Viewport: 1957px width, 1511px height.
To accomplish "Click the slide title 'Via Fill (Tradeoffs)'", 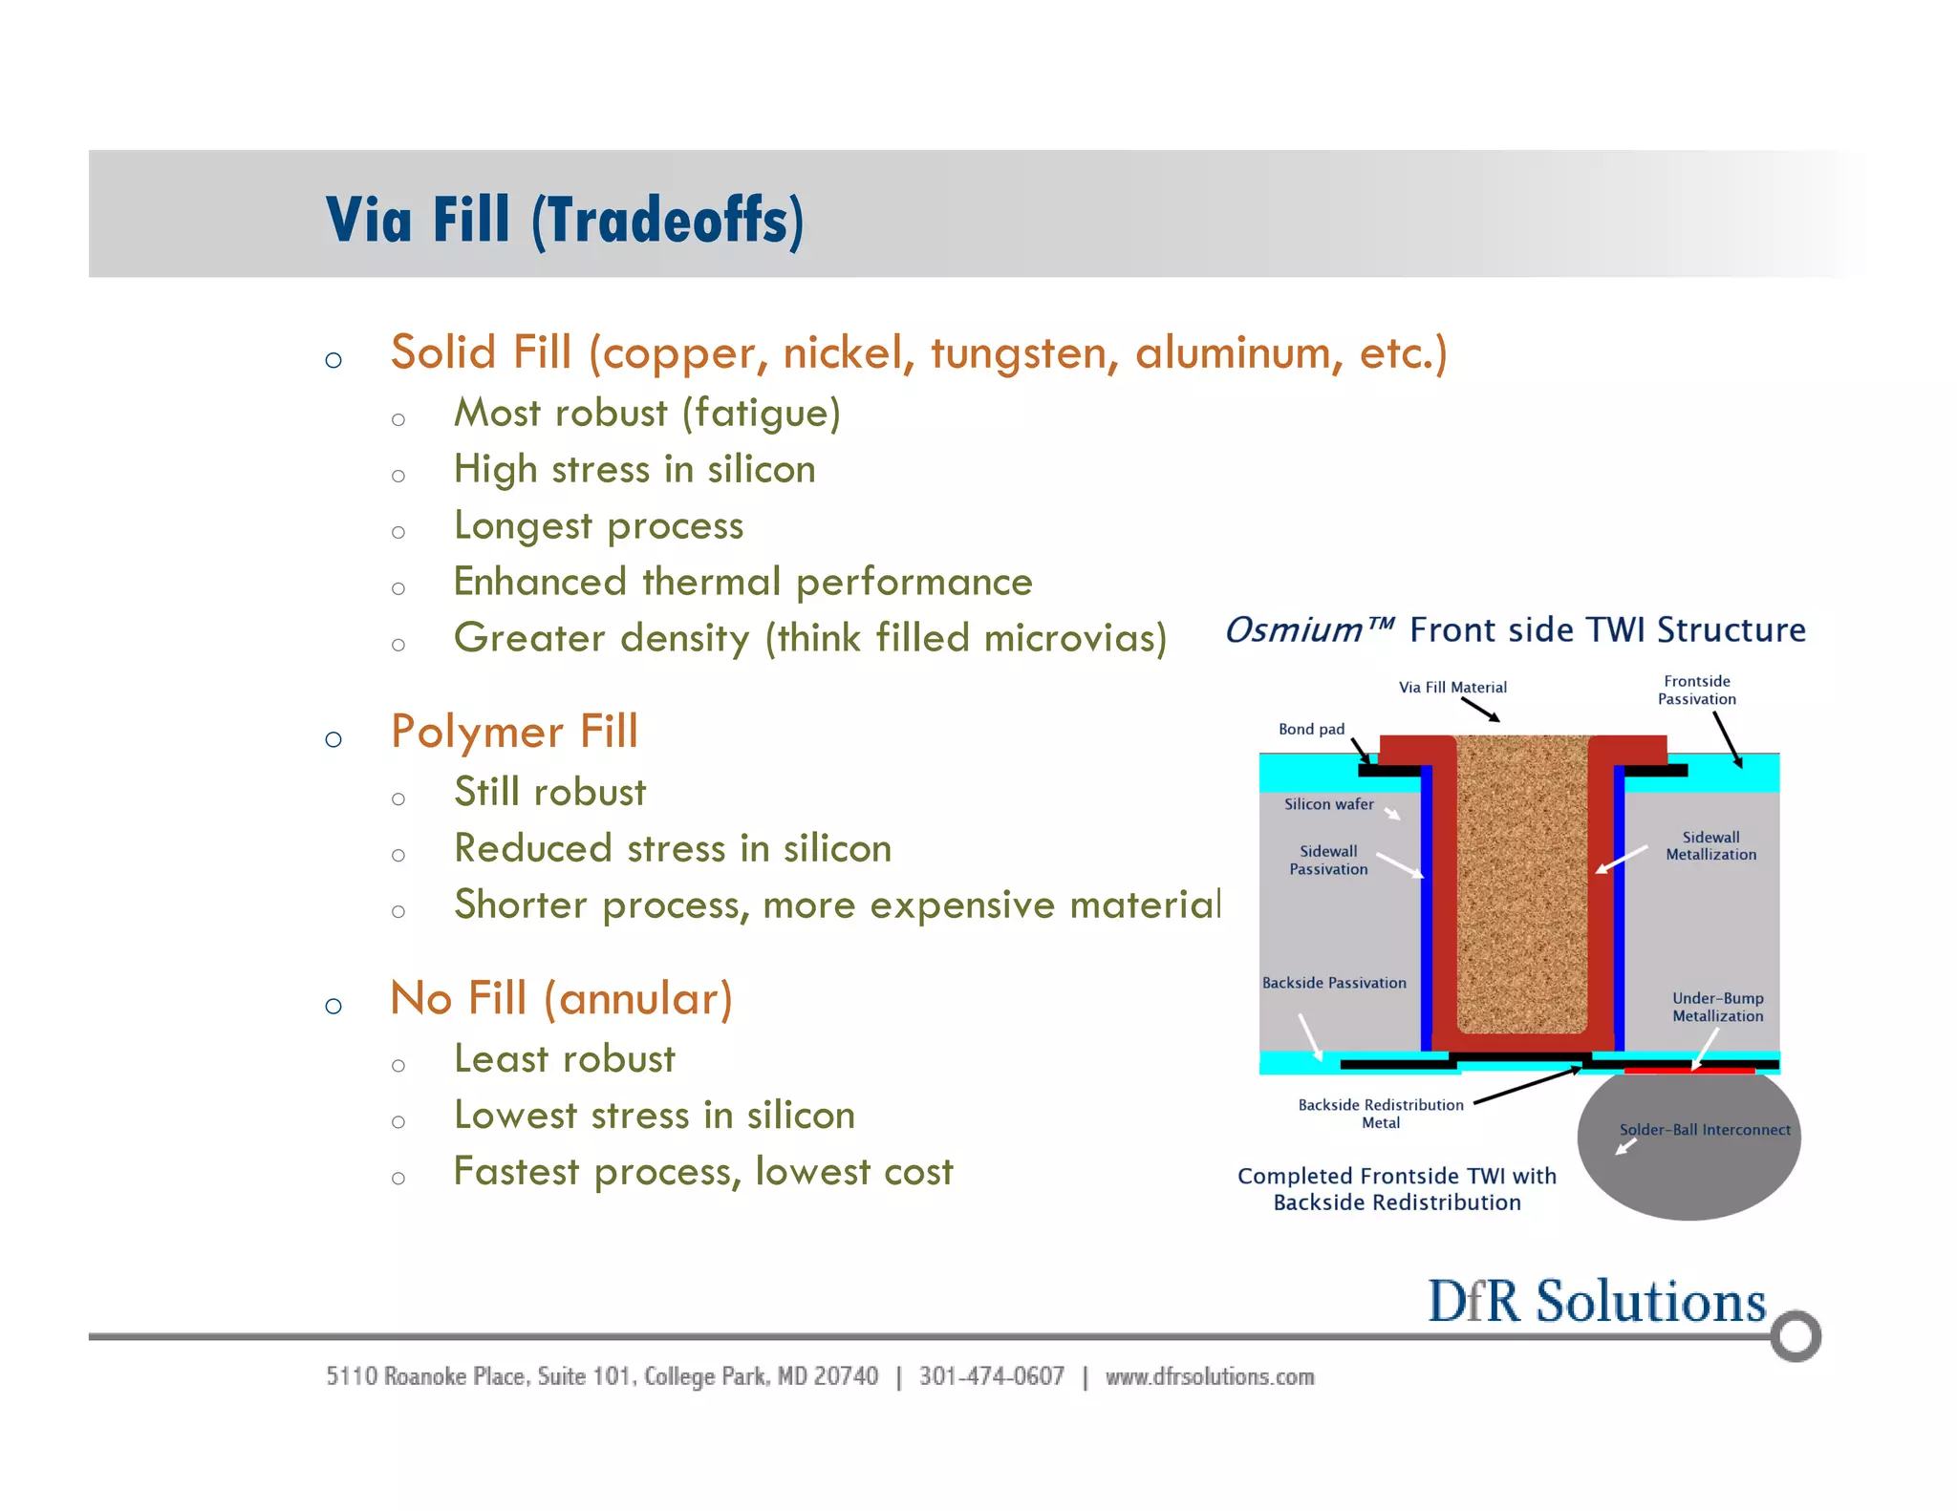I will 564,220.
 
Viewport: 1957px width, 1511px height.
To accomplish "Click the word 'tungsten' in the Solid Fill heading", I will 1019,353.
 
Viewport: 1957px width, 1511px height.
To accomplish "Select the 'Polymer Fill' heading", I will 514,733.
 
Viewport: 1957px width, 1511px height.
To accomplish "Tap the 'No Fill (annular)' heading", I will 561,999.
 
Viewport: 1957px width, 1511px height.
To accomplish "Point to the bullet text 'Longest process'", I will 598,526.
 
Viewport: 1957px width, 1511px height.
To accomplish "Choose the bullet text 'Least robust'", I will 564,1059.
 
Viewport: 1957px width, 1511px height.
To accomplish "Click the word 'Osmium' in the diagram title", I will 1294,630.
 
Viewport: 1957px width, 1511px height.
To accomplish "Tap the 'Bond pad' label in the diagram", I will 1311,729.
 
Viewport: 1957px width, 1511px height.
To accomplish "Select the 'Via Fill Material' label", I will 1452,687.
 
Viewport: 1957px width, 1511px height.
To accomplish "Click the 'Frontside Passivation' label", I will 1696,690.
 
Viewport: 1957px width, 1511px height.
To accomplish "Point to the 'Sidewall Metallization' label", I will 1710,845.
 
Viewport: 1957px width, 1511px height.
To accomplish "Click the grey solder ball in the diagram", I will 1688,1160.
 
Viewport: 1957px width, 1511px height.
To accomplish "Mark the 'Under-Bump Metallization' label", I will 1717,1007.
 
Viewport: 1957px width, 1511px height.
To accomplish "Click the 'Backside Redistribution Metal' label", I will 1380,1114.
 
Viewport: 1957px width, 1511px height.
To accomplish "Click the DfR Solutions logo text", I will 1596,1302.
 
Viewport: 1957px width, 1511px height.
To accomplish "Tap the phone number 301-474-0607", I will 991,1376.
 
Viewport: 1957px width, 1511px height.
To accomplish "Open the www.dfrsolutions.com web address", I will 1209,1376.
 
